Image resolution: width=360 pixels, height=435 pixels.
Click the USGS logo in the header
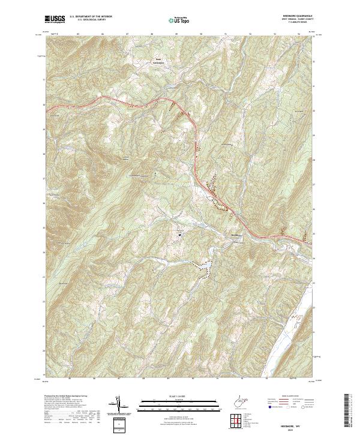[55, 20]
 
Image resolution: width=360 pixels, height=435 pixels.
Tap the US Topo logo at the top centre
[181, 20]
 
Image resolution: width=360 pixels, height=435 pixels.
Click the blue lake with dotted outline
[202, 267]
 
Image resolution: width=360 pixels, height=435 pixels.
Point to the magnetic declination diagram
[119, 405]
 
